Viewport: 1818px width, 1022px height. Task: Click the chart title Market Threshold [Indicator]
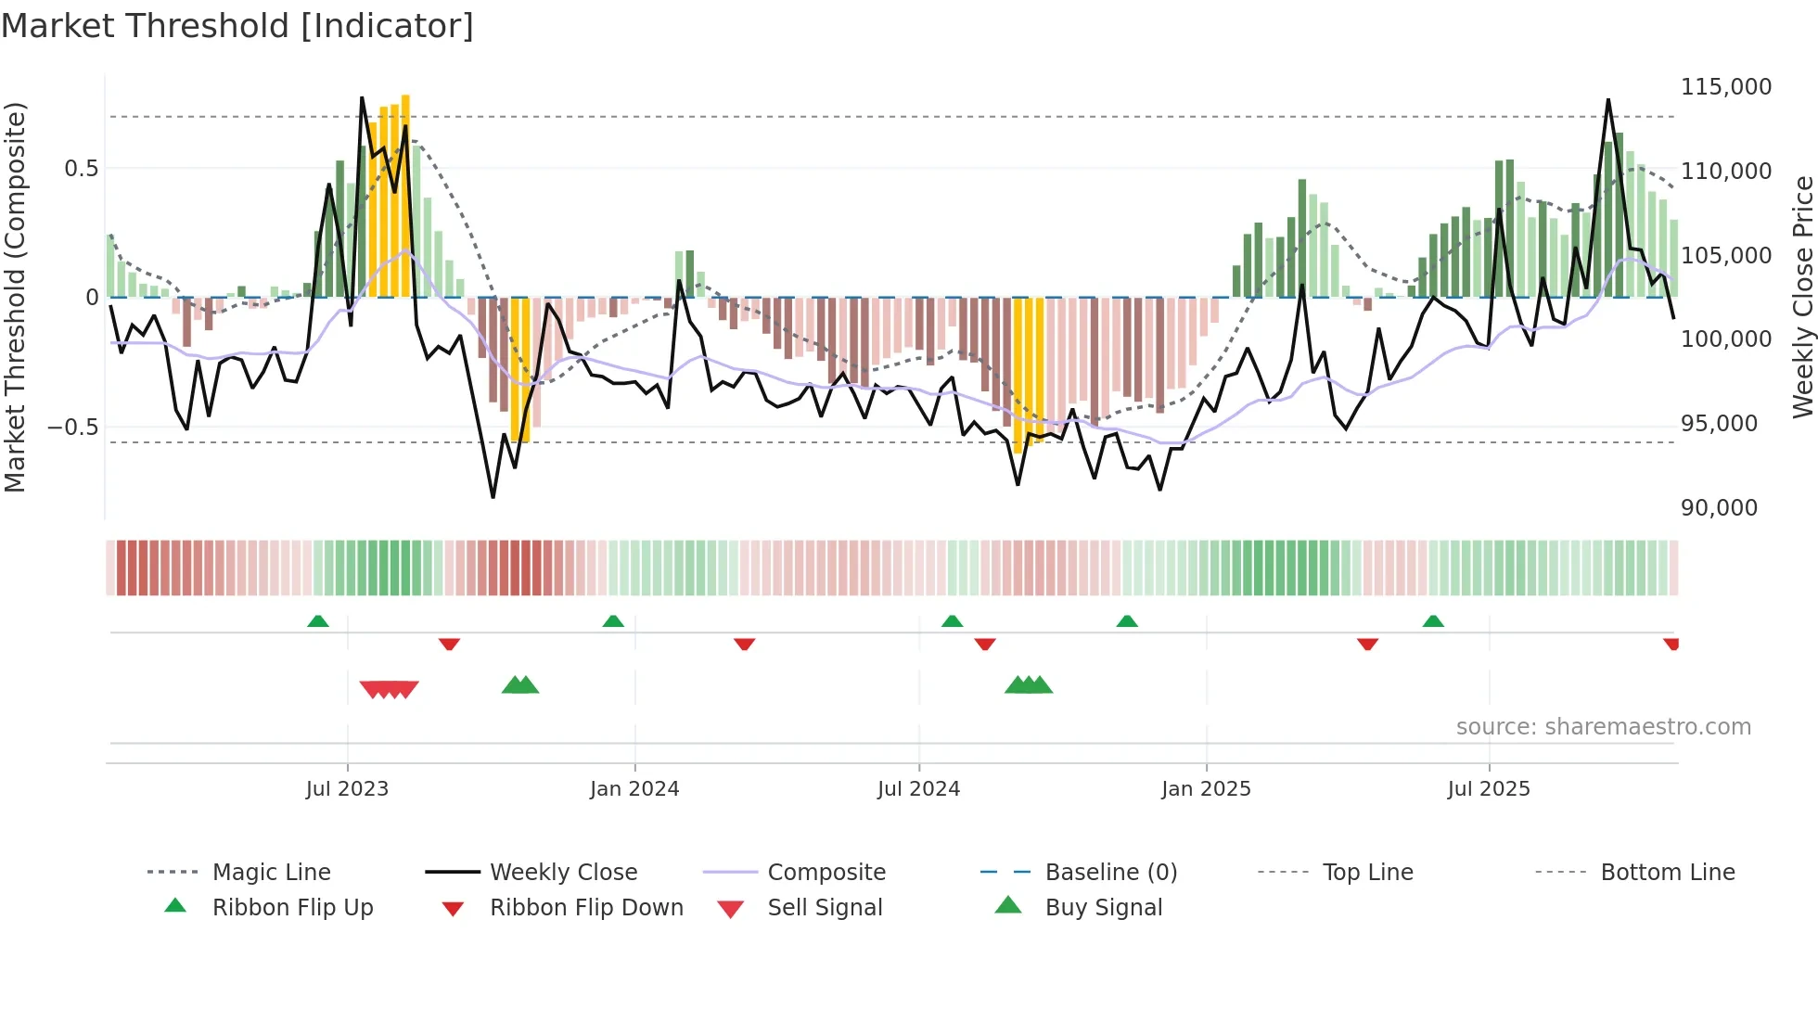(x=237, y=26)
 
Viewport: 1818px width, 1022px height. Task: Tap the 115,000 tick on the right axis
(x=1725, y=87)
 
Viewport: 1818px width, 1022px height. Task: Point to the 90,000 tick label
(x=1719, y=508)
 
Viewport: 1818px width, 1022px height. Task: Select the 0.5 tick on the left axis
(x=81, y=169)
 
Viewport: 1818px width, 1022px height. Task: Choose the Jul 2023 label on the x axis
(x=347, y=789)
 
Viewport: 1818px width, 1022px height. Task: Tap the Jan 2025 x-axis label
(x=1206, y=789)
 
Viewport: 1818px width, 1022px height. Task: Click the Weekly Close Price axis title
(x=1802, y=297)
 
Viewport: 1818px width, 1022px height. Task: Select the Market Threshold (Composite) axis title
(x=15, y=297)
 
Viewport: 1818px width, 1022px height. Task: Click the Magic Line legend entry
(x=271, y=873)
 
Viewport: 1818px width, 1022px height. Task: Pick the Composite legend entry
(x=826, y=873)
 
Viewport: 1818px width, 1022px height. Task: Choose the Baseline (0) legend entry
(x=1110, y=873)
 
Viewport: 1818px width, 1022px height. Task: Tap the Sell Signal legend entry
(x=824, y=908)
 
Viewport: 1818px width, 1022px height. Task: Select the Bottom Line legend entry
(x=1667, y=873)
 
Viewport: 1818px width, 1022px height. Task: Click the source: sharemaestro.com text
(x=1603, y=727)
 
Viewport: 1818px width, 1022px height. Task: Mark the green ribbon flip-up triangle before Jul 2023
(x=318, y=621)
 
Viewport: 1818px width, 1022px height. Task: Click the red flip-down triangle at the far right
(x=1671, y=644)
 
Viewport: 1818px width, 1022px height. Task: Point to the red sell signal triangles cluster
(x=390, y=689)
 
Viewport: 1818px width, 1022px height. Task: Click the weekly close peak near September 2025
(x=1608, y=99)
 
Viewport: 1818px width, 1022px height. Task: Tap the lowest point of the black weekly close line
(x=493, y=497)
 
